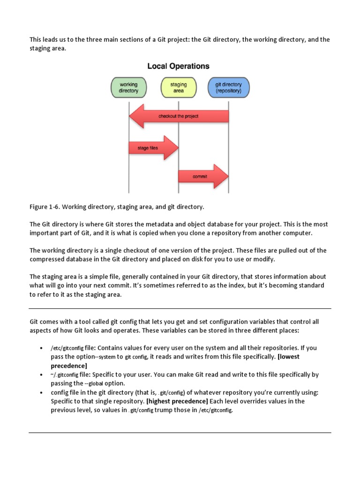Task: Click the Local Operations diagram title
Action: pos(178,66)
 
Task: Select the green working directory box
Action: pos(128,88)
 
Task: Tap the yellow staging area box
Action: pos(178,88)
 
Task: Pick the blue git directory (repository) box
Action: pos(228,88)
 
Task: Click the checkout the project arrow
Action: pos(178,116)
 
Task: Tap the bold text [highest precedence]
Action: pos(177,401)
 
